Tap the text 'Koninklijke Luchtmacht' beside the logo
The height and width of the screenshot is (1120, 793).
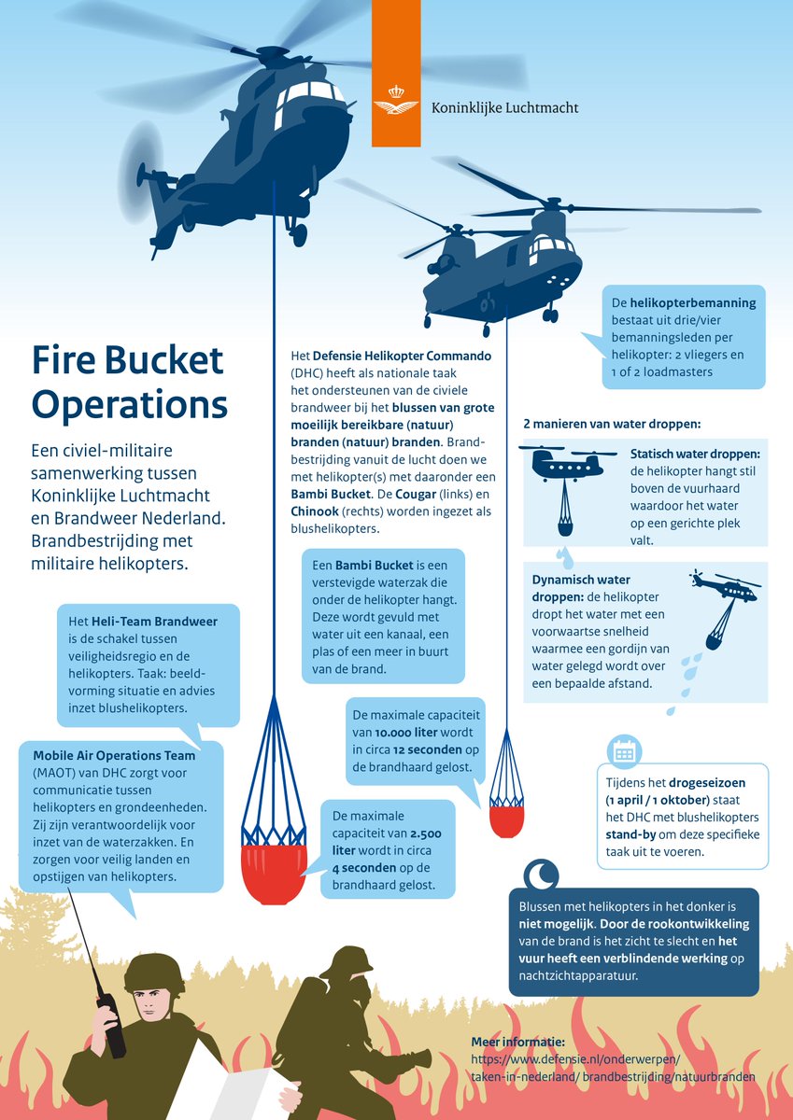(504, 108)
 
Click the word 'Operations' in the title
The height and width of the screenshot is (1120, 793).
(130, 404)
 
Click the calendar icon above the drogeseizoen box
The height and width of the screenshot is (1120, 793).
(623, 751)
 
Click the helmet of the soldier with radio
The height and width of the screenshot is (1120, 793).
(154, 973)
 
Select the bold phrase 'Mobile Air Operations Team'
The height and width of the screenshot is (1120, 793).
(114, 755)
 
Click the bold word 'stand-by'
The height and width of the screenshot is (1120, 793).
(634, 834)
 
